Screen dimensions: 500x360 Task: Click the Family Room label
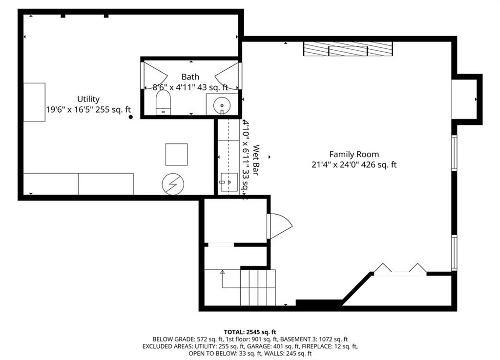click(x=354, y=155)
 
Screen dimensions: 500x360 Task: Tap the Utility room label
click(x=88, y=99)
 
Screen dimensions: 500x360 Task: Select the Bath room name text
click(x=190, y=77)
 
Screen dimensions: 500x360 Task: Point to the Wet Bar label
click(x=256, y=160)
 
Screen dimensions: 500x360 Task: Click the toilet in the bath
click(x=163, y=102)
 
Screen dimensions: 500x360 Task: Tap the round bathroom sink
click(x=222, y=105)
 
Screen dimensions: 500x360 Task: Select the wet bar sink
click(x=229, y=182)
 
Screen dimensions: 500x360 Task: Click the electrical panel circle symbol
click(x=173, y=184)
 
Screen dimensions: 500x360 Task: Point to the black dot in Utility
click(x=131, y=117)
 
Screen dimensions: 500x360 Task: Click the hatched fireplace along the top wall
click(x=348, y=49)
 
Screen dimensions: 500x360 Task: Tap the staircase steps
click(x=258, y=288)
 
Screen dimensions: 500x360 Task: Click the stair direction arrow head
click(x=222, y=272)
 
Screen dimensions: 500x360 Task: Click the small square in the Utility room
click(x=176, y=155)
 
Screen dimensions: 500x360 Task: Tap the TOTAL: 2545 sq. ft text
click(x=250, y=332)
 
